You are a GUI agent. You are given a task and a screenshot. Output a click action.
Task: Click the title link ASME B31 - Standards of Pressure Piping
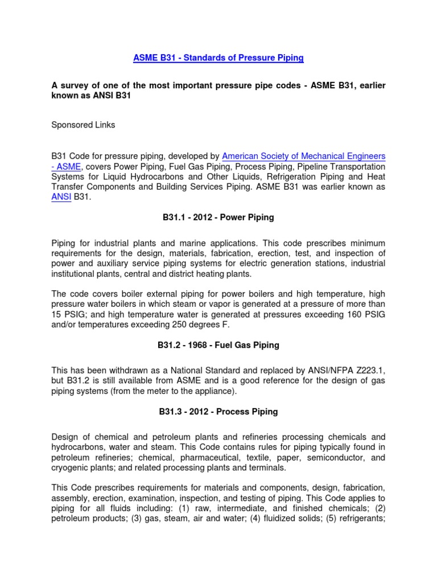(218, 58)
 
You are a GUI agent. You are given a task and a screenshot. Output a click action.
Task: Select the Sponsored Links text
(83, 125)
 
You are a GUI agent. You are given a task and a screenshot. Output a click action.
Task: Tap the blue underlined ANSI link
(61, 197)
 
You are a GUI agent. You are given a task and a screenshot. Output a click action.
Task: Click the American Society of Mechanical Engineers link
(303, 156)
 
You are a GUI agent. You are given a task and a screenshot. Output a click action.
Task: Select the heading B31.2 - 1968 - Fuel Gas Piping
(218, 345)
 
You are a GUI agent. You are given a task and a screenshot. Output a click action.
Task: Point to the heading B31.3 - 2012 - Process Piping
(218, 412)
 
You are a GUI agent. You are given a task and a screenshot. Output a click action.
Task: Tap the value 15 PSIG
(71, 314)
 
